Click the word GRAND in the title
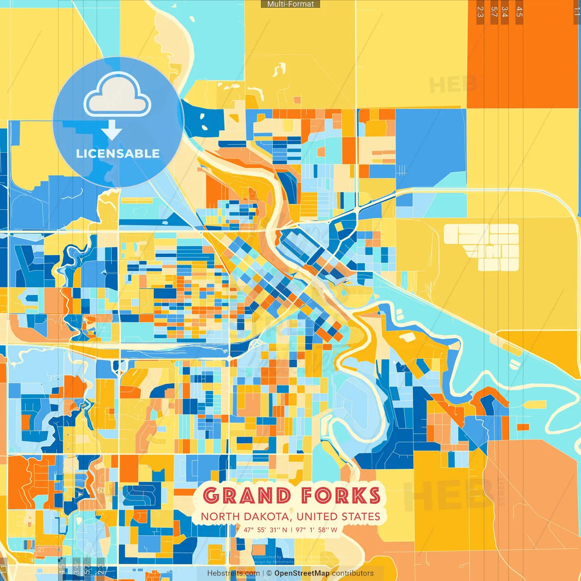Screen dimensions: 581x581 [x=246, y=496]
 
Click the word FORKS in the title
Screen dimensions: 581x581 [x=340, y=496]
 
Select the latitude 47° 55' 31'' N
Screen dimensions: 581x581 [x=266, y=530]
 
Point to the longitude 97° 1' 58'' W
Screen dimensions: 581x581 [x=316, y=530]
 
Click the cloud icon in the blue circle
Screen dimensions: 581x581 [x=118, y=95]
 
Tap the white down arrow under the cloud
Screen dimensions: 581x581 [x=112, y=130]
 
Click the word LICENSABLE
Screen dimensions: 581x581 [x=118, y=153]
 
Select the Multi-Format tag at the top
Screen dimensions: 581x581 [x=290, y=4]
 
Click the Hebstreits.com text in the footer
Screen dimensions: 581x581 [x=233, y=573]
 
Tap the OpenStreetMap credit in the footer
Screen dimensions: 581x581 [x=302, y=573]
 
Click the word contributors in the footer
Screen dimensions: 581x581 [x=353, y=573]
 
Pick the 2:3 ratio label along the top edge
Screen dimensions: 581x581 [x=480, y=12]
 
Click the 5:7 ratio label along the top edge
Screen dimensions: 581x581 [x=494, y=12]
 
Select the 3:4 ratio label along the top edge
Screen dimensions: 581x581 [x=505, y=12]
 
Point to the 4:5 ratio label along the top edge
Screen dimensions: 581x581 [x=519, y=12]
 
